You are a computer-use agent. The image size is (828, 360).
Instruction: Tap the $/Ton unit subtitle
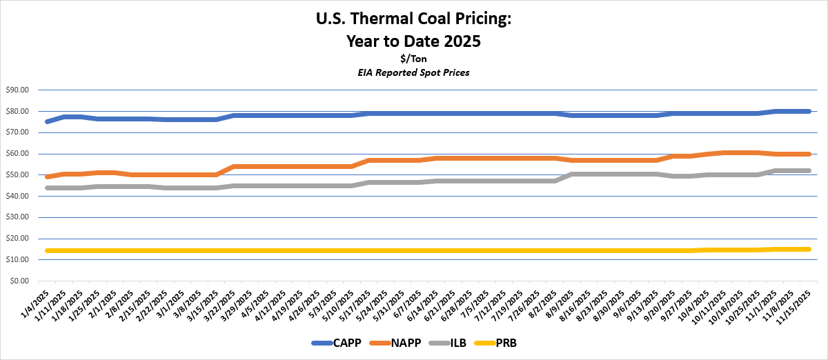[413, 59]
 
